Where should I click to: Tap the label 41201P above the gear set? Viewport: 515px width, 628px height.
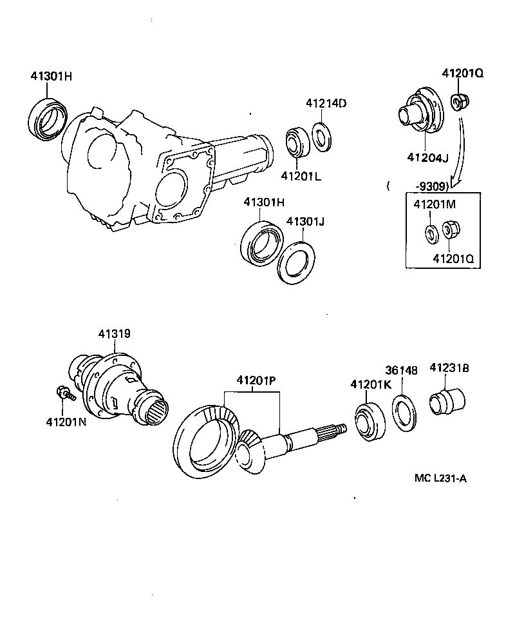[255, 380]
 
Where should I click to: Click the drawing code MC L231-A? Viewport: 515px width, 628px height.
[440, 479]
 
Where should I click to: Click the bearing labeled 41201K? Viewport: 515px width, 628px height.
[370, 422]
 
